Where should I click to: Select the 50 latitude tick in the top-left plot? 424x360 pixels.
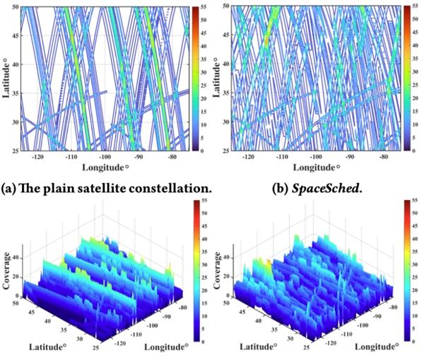tap(16, 6)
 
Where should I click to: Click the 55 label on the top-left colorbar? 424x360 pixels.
tap(204, 6)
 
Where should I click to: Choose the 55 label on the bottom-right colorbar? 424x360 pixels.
tap(416, 204)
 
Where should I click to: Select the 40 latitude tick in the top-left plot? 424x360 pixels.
tap(16, 64)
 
